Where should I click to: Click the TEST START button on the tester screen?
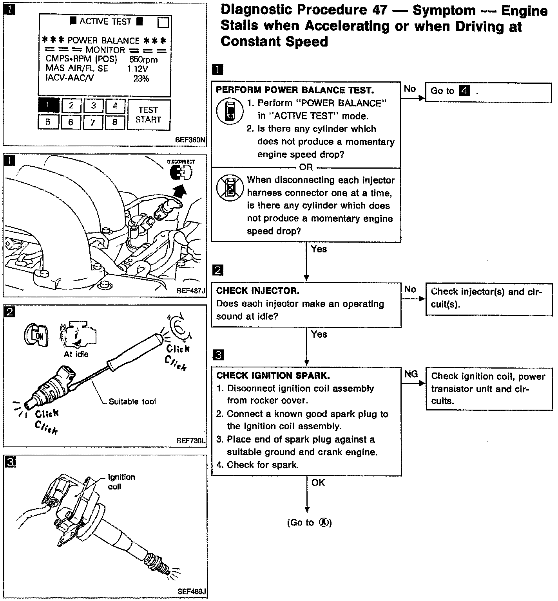(x=149, y=115)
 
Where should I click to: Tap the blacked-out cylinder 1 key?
(x=49, y=105)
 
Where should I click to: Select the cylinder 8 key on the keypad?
(x=114, y=122)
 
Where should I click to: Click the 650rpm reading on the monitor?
(x=143, y=59)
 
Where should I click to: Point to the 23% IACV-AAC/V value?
(x=141, y=79)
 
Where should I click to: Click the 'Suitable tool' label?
(x=132, y=401)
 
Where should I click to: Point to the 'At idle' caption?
(x=76, y=354)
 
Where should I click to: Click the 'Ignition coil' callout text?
(x=121, y=482)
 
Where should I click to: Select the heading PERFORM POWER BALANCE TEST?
(x=295, y=90)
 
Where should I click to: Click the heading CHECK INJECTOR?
(x=257, y=291)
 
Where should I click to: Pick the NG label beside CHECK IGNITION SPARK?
(x=411, y=374)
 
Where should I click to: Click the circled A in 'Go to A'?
(x=324, y=522)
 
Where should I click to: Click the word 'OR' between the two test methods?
(x=306, y=167)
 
